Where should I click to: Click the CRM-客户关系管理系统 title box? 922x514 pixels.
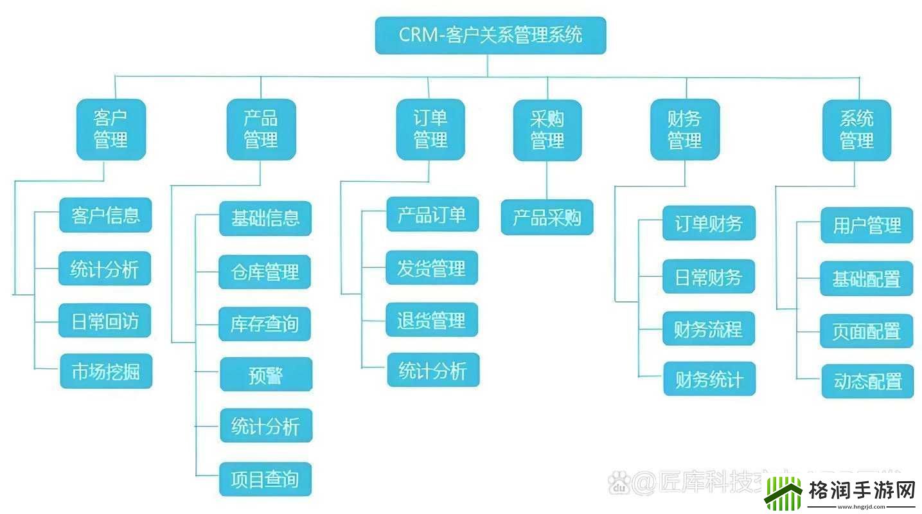[x=490, y=35]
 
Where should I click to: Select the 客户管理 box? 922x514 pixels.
[x=111, y=129]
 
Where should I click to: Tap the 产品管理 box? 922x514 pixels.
[x=261, y=129]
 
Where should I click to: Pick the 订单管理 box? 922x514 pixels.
[x=430, y=129]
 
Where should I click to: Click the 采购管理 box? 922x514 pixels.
[x=547, y=130]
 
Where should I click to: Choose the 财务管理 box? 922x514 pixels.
[x=685, y=130]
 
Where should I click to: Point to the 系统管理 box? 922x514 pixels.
[x=856, y=130]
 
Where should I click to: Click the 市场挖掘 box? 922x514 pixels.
[x=106, y=371]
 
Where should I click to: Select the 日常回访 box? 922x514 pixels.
[x=105, y=321]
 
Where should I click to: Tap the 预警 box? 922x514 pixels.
[x=266, y=375]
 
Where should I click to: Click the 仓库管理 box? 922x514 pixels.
[x=265, y=272]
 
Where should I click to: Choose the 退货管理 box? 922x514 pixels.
[x=432, y=319]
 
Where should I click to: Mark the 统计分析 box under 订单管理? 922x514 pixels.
[x=433, y=370]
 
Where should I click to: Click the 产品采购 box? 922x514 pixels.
[x=547, y=217]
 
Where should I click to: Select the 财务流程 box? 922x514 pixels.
[x=708, y=329]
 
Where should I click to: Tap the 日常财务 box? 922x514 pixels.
[x=708, y=276]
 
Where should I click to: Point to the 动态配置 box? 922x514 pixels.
[x=867, y=382]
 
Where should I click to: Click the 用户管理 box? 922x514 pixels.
[x=867, y=226]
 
